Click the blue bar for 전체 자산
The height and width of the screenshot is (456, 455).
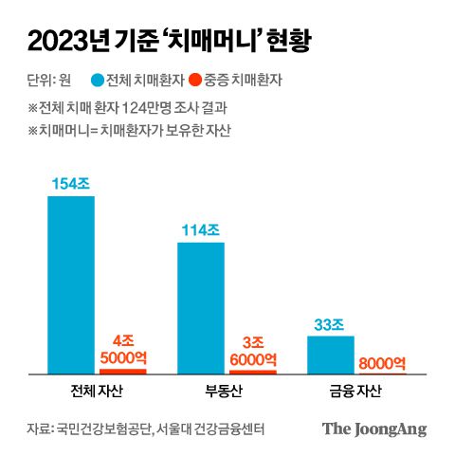(x=71, y=284)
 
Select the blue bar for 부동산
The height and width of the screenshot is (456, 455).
(x=201, y=308)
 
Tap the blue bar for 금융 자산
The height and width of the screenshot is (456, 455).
(x=331, y=355)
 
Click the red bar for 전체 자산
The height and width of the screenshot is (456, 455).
(x=123, y=371)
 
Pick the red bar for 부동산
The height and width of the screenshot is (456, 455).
(x=253, y=372)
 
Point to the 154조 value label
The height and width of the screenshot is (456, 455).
(x=71, y=182)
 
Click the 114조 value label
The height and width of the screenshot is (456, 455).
(x=201, y=229)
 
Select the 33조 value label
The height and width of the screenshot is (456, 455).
(x=331, y=323)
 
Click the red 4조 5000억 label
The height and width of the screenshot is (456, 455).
(x=123, y=349)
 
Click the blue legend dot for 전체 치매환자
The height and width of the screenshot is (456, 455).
(x=96, y=80)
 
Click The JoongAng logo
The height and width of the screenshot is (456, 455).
(x=373, y=429)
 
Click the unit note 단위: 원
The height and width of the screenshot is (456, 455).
(x=48, y=80)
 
